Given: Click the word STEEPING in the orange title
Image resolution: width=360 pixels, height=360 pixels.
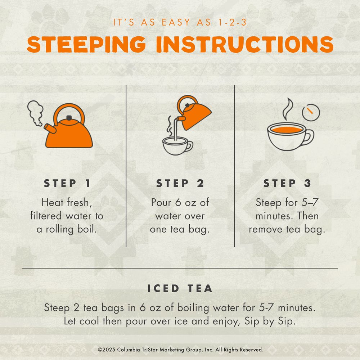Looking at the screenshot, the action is tap(86, 44).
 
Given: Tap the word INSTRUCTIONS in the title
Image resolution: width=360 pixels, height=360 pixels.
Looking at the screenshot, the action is tap(245, 44).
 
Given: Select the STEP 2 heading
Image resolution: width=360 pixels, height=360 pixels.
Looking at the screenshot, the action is tap(180, 183).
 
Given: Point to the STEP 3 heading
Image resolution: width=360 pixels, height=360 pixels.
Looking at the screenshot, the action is tap(287, 183).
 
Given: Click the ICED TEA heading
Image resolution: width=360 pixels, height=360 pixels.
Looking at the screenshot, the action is tap(180, 288).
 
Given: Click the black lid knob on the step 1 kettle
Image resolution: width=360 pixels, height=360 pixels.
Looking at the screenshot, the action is tap(69, 118).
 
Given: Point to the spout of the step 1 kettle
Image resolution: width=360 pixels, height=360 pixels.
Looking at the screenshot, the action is tap(50, 129).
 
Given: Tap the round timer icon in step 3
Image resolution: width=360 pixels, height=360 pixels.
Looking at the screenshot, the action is tap(311, 112).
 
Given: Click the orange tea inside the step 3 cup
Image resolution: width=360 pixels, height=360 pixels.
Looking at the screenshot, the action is tap(287, 130).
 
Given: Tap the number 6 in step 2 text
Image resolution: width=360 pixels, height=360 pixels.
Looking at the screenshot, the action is tap(178, 202).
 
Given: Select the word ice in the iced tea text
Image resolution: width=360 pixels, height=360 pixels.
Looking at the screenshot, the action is tap(181, 321).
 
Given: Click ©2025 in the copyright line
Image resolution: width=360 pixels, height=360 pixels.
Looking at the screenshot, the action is tap(107, 350).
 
